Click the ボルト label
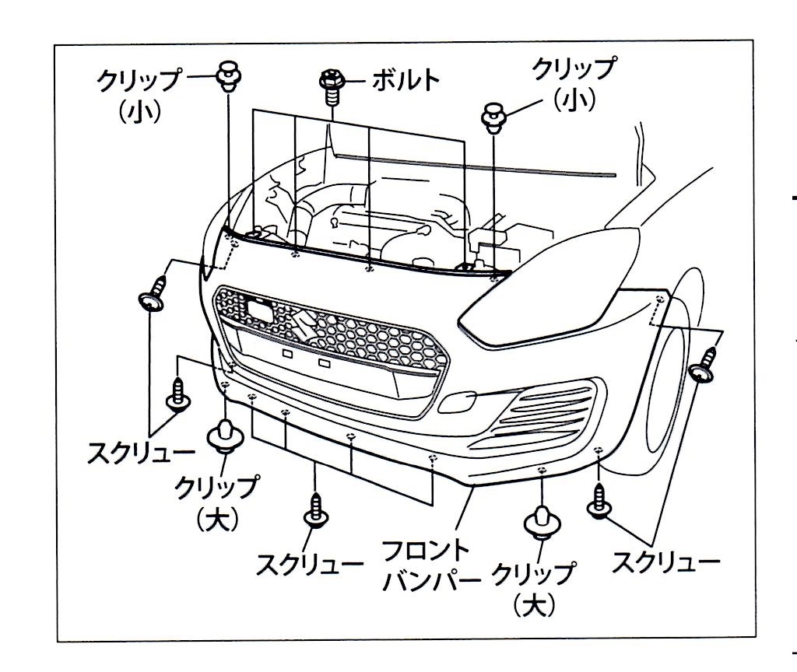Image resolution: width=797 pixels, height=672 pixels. [406, 80]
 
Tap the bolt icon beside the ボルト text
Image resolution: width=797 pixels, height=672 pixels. [332, 86]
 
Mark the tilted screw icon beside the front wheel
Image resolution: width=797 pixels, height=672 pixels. [703, 365]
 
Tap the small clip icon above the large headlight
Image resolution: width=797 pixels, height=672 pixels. [492, 118]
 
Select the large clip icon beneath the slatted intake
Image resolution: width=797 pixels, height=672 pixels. [542, 523]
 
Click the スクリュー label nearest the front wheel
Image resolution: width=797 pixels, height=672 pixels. [666, 563]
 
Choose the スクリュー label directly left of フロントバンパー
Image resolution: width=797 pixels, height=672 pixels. [310, 565]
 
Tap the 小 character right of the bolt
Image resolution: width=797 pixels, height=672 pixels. [574, 100]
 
